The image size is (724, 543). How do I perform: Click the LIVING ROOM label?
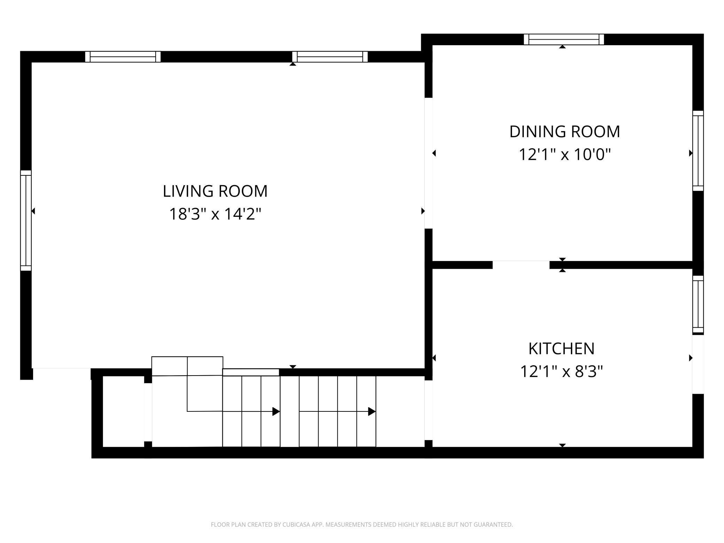coord(215,191)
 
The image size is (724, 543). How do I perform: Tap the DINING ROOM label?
coord(565,132)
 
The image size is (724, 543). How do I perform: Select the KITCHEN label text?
coord(561,349)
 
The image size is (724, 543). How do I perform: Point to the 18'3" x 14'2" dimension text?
coord(215,214)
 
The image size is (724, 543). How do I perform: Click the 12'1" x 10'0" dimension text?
coord(565,154)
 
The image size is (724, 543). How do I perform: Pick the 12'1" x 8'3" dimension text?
coord(561,371)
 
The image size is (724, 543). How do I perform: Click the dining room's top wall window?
coord(564,39)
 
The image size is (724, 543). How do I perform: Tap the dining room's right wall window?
coord(698,151)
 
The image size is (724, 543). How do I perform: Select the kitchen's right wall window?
coord(698,305)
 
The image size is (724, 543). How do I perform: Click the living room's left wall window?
coord(26,220)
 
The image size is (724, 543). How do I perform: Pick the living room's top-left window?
coord(123,57)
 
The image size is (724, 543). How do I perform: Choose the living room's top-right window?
coord(330,57)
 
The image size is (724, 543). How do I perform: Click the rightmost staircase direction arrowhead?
coord(372,411)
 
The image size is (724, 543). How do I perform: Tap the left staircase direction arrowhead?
coord(276,411)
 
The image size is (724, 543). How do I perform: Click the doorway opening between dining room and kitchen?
coord(521,265)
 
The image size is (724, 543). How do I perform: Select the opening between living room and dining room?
coord(428,163)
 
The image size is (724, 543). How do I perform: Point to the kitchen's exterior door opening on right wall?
coord(698,364)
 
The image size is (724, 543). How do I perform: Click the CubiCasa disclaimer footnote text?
coord(362,525)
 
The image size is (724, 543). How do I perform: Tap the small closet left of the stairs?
coord(124,411)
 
